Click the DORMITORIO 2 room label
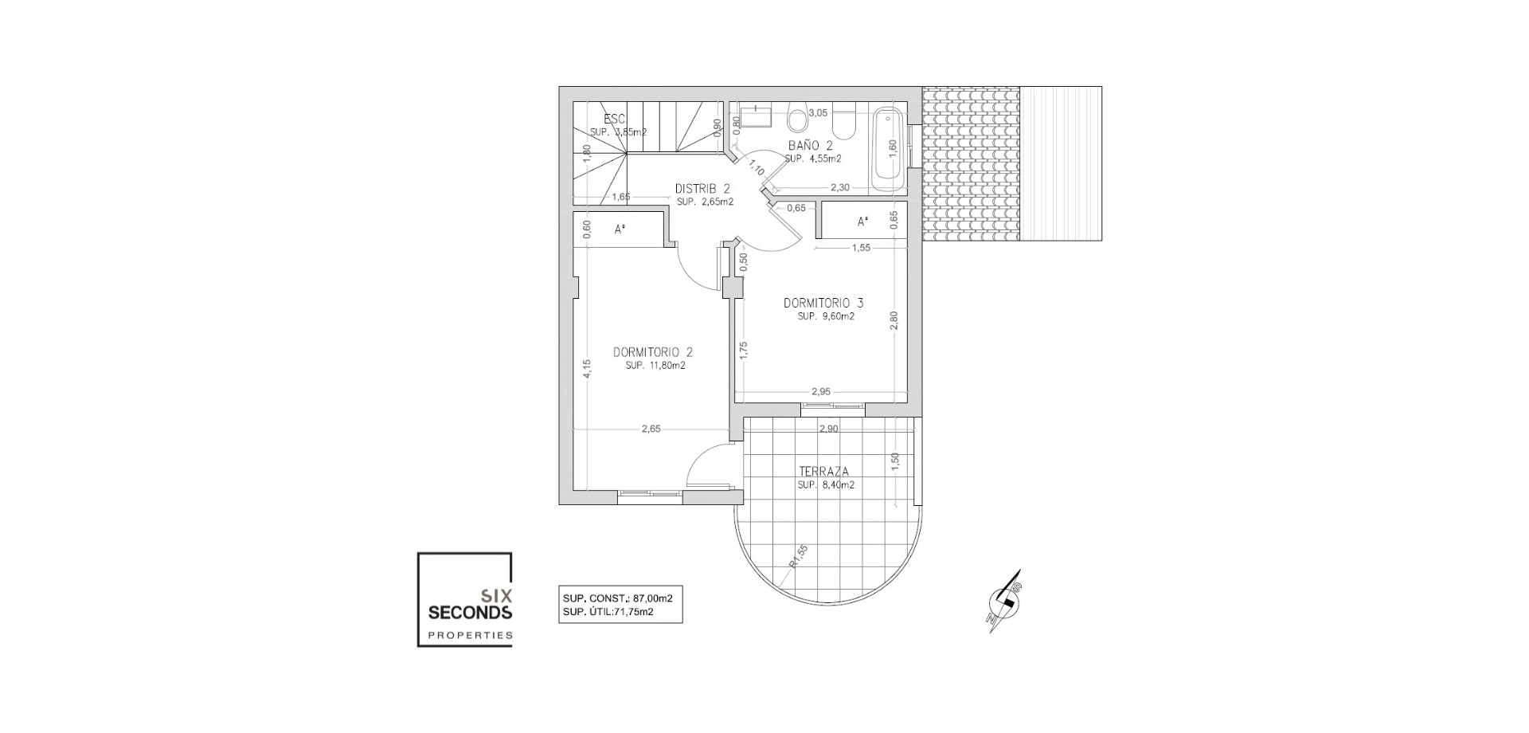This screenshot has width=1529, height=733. tap(653, 352)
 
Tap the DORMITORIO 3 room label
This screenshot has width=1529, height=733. tap(823, 303)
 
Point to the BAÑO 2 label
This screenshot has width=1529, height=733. tap(810, 146)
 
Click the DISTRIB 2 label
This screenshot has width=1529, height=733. tap(702, 189)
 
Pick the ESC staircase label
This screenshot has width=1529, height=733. tap(614, 120)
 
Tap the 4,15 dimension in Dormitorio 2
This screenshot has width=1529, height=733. tap(586, 369)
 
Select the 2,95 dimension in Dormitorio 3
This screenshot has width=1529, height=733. tap(821, 391)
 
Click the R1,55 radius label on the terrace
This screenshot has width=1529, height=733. tap(798, 556)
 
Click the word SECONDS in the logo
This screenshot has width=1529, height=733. tap(470, 613)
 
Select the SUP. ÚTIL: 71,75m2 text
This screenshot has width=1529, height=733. tap(608, 612)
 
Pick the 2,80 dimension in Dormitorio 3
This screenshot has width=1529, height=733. tap(894, 320)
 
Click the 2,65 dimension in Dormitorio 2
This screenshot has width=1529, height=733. tap(651, 429)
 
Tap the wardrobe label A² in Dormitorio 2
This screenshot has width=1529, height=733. tap(619, 229)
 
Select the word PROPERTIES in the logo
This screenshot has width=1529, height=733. tap(470, 635)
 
